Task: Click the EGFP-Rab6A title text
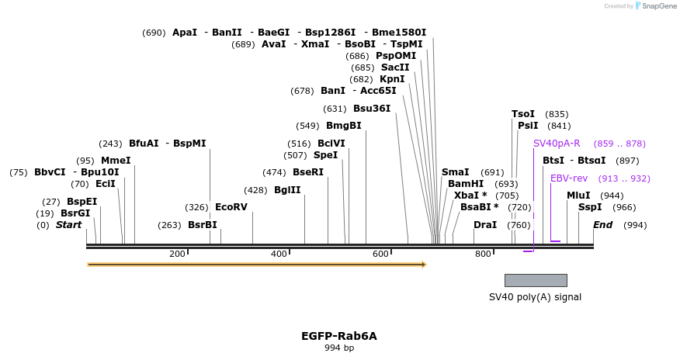click(x=339, y=336)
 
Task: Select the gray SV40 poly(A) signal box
click(x=536, y=280)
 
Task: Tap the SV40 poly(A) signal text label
click(x=535, y=296)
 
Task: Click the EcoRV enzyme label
click(x=231, y=207)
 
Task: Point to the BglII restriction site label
click(x=287, y=190)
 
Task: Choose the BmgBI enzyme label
click(x=343, y=126)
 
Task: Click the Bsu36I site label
click(x=372, y=109)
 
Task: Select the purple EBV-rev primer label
click(x=569, y=178)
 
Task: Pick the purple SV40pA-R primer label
click(x=556, y=144)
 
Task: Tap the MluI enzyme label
click(x=578, y=196)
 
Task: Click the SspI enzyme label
click(x=590, y=207)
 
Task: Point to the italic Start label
click(x=68, y=225)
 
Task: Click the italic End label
click(x=603, y=225)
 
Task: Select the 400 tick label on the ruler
click(x=279, y=254)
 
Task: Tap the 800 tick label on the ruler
click(x=483, y=254)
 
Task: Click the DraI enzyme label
click(x=485, y=225)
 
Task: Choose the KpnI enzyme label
click(x=392, y=79)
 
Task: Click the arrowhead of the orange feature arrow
click(x=424, y=265)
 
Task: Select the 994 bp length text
click(x=339, y=348)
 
